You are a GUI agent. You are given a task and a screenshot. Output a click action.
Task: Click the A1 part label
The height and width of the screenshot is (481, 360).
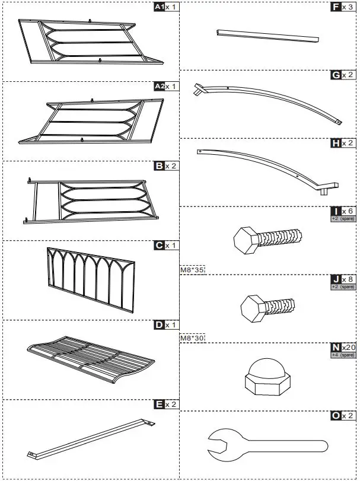point(158,7)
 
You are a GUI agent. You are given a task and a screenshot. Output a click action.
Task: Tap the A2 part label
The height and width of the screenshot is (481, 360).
point(158,87)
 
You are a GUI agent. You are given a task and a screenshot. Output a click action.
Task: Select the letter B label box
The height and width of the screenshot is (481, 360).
point(158,167)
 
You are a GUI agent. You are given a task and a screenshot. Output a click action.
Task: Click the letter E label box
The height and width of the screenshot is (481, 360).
point(158,404)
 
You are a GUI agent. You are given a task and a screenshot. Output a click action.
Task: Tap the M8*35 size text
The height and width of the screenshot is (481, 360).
point(192,270)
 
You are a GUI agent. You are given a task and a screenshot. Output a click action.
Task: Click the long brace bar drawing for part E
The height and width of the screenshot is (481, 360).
point(89,439)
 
